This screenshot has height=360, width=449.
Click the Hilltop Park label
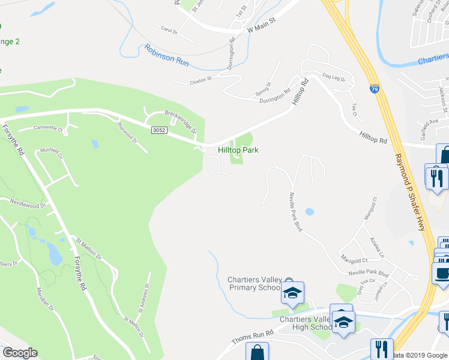tap(238, 149)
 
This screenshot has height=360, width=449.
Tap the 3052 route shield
tap(159, 130)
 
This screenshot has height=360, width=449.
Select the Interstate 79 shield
tap(375, 88)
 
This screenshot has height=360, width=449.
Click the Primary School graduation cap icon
tap(292, 293)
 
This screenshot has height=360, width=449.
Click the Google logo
tap(20, 353)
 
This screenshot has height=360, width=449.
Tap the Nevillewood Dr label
tap(28, 205)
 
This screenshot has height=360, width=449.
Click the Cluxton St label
tap(200, 79)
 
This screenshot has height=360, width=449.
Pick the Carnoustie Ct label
tap(49, 127)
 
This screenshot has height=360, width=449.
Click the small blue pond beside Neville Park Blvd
tap(309, 212)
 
